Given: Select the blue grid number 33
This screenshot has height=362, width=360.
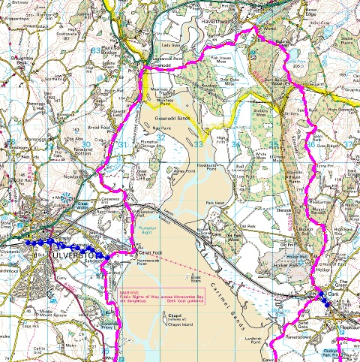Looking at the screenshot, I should point(198,144).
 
